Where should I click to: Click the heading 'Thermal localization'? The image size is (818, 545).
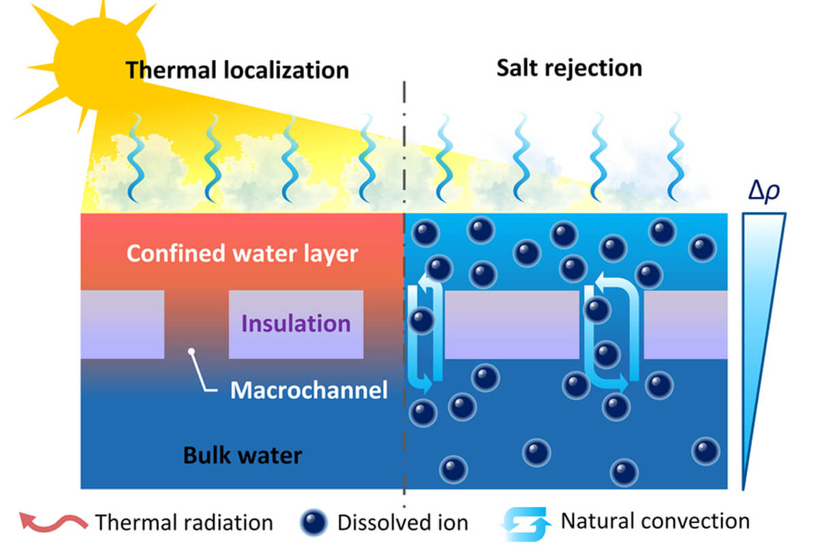(x=237, y=70)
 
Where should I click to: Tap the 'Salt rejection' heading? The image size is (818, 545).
(x=569, y=67)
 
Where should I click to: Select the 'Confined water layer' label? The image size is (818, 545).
(x=242, y=253)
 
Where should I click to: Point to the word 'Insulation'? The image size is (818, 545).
(x=296, y=323)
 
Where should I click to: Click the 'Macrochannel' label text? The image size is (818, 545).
(x=308, y=390)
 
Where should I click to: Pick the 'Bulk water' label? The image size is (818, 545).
(x=242, y=454)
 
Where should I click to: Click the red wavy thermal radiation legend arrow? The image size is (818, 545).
(x=53, y=523)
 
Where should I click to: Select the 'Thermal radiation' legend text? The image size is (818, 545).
(x=184, y=523)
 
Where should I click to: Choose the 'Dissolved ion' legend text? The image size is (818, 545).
(x=402, y=523)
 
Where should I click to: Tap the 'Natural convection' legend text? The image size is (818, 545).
(x=654, y=521)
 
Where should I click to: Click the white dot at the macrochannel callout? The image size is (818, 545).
(x=192, y=352)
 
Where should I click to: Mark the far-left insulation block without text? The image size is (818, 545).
(x=122, y=324)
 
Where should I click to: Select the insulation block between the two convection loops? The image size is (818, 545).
(x=512, y=324)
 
